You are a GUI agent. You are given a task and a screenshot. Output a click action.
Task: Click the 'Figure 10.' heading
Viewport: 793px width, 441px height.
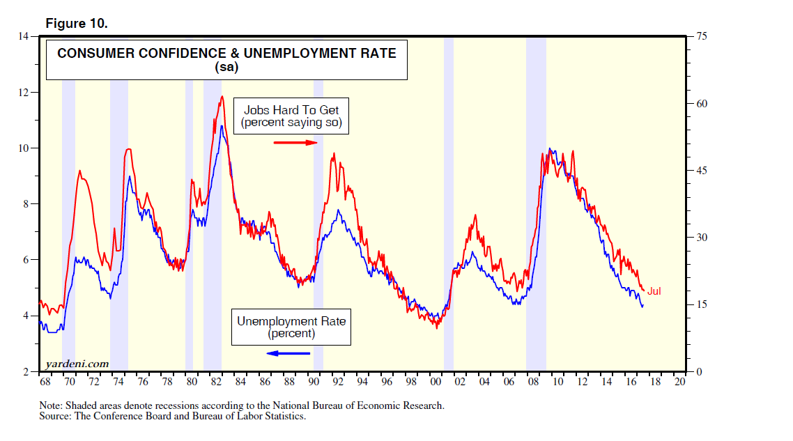[x=76, y=24]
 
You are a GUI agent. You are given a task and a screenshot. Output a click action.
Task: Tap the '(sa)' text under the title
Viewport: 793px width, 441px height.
[x=227, y=68]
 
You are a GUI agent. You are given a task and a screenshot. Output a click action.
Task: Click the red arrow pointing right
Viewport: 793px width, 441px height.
[x=295, y=143]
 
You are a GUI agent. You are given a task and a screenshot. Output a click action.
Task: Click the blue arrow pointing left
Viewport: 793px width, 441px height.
[x=288, y=353]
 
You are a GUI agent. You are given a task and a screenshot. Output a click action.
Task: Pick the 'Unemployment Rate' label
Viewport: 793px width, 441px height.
[x=291, y=321]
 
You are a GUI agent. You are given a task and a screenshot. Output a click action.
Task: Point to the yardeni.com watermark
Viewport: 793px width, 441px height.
[x=77, y=363]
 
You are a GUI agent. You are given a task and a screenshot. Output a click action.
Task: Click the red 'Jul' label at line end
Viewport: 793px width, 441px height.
[x=654, y=291]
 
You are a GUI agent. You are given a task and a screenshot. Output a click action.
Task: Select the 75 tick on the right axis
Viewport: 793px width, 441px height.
[x=701, y=36]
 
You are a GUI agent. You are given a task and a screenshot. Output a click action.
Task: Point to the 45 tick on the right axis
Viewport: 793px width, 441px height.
[x=701, y=171]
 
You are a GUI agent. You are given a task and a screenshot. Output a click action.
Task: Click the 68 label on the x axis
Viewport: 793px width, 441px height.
[x=45, y=382]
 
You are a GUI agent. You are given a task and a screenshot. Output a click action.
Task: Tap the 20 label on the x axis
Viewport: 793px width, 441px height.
[x=681, y=382]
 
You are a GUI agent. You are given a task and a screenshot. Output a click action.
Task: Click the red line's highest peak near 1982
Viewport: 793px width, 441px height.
[x=222, y=96]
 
